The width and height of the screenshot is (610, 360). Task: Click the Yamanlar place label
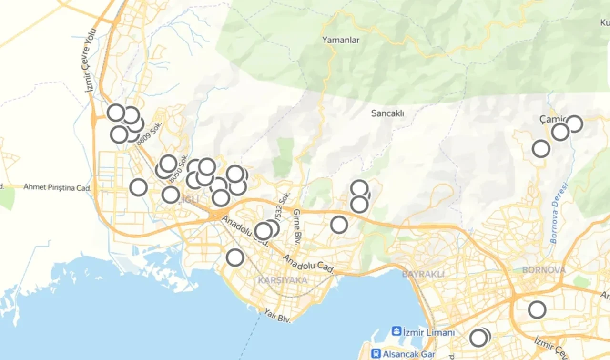340,40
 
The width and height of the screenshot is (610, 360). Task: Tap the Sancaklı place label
387,113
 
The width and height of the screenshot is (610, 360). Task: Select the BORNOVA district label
544,270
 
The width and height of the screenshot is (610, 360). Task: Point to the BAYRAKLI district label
423,274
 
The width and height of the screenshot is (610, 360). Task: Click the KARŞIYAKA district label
283,280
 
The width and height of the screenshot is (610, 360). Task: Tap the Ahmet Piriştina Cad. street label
57,188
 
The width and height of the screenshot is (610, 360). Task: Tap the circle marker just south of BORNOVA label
537,310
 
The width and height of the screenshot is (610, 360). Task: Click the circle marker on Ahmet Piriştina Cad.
139,187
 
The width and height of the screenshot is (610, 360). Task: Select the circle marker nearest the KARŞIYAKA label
235,257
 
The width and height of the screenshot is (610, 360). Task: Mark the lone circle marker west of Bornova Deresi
541,149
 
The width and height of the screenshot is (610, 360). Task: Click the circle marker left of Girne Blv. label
264,231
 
